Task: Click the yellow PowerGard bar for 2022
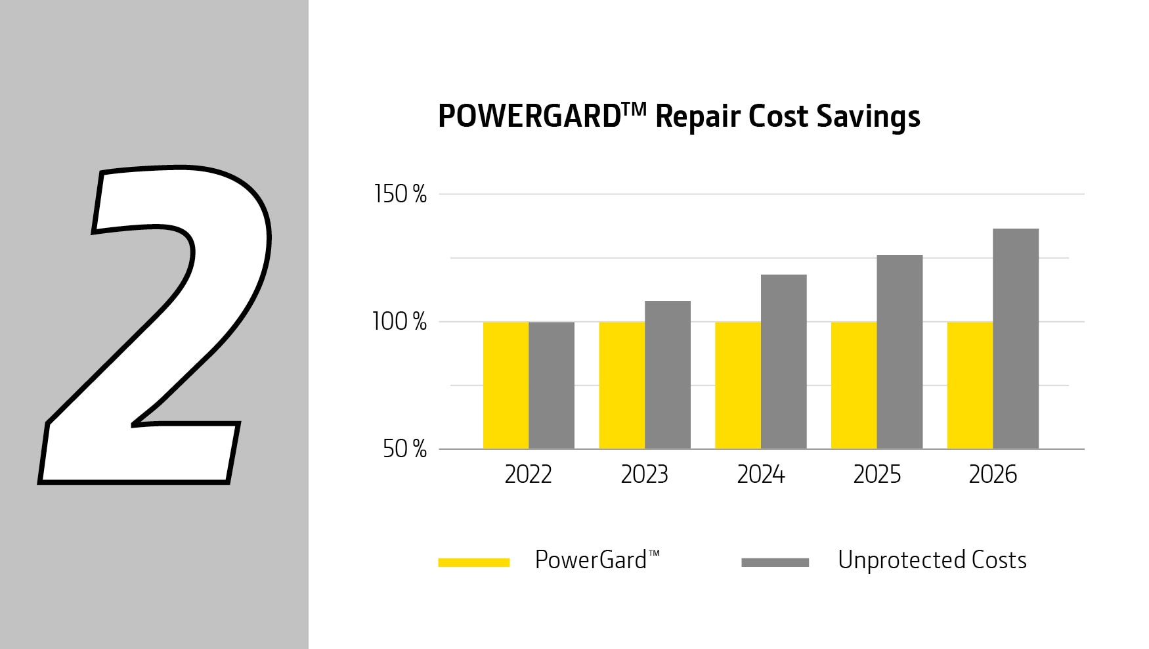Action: pyautogui.click(x=506, y=385)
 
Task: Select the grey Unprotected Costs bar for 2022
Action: pyautogui.click(x=552, y=385)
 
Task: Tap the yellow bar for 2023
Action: pyautogui.click(x=622, y=385)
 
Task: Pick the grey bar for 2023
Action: pyautogui.click(x=668, y=374)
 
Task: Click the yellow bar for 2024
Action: pyautogui.click(x=738, y=385)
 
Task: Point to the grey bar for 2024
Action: pyautogui.click(x=784, y=361)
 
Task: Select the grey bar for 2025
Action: pyautogui.click(x=900, y=351)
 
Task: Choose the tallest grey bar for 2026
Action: pyautogui.click(x=1016, y=338)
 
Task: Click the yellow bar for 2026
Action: pyautogui.click(x=970, y=385)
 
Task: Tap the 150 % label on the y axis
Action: pyautogui.click(x=400, y=194)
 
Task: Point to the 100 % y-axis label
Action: pyautogui.click(x=399, y=322)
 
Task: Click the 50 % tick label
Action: pyautogui.click(x=404, y=449)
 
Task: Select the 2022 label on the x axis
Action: pyautogui.click(x=528, y=474)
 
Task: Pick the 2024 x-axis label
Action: pyautogui.click(x=760, y=474)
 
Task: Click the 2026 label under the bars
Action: pyautogui.click(x=993, y=474)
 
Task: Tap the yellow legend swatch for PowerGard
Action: pyautogui.click(x=474, y=562)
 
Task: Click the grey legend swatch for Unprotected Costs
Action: pyautogui.click(x=775, y=562)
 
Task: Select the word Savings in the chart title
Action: pyautogui.click(x=868, y=117)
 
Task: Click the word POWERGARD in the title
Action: pyautogui.click(x=529, y=117)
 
